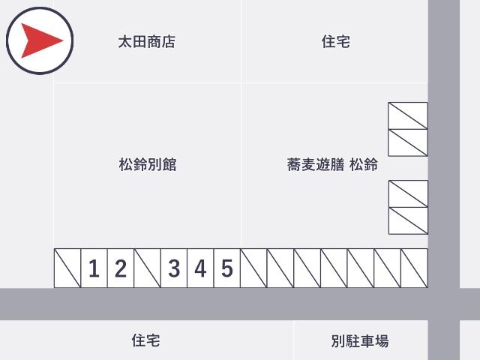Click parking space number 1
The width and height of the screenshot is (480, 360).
coord(94,268)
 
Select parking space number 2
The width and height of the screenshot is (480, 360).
coord(121,268)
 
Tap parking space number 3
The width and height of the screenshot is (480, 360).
coord(174,268)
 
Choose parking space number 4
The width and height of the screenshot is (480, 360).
coord(200,268)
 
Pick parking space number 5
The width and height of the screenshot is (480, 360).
coord(227,268)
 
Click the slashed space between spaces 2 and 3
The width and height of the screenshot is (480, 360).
coord(147,268)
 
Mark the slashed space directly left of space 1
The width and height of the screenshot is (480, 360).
coord(67,268)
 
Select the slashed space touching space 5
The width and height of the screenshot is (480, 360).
coord(253,268)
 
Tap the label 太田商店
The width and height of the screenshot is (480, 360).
coord(147,42)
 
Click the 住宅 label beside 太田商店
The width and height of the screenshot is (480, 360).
coord(336,41)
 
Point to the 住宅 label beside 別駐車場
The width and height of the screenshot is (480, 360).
coord(145,340)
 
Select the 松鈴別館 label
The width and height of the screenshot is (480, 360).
coord(148,164)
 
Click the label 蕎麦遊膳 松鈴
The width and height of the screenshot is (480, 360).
coord(332,164)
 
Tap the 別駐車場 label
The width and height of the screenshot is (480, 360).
coord(360,340)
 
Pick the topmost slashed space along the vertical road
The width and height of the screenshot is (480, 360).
coord(408,115)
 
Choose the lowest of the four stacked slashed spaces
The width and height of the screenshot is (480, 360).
coord(408,221)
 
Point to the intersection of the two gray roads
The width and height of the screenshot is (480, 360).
coord(444,304)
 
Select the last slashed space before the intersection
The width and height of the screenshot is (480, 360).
coord(414,268)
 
